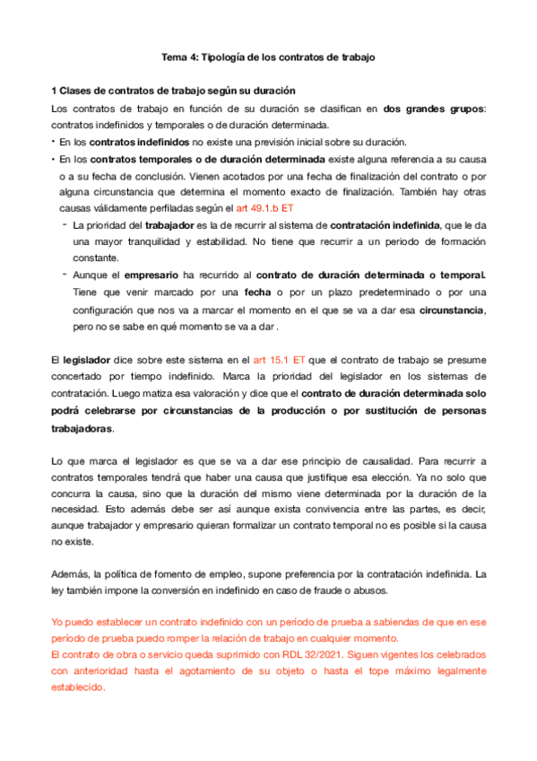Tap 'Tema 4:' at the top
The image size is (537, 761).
[x=178, y=57]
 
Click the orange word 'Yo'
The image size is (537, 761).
[x=57, y=620]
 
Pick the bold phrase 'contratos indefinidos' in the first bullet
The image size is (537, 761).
[x=139, y=142]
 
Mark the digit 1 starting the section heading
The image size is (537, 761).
[x=56, y=92]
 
